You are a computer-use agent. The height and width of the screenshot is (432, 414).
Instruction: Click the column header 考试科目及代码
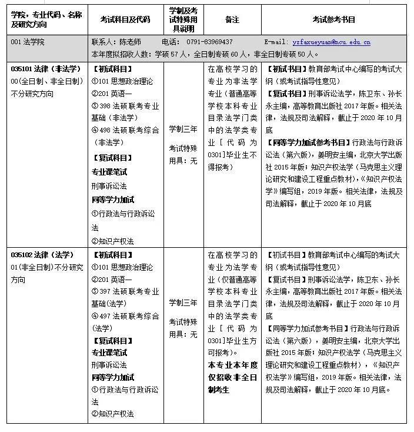click(125, 19)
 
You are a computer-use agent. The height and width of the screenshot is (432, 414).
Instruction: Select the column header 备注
click(232, 19)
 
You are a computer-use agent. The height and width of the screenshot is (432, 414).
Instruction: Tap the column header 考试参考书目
click(333, 19)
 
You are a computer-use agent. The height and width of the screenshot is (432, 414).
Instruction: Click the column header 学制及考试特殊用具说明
click(183, 19)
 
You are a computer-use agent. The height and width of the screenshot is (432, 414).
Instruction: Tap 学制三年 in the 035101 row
click(183, 129)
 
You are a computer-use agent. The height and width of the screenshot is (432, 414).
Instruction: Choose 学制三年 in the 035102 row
click(183, 303)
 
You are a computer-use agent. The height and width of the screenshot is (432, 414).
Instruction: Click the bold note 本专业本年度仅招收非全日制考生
click(232, 377)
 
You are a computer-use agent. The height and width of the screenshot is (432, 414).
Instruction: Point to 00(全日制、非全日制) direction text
click(44, 81)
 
